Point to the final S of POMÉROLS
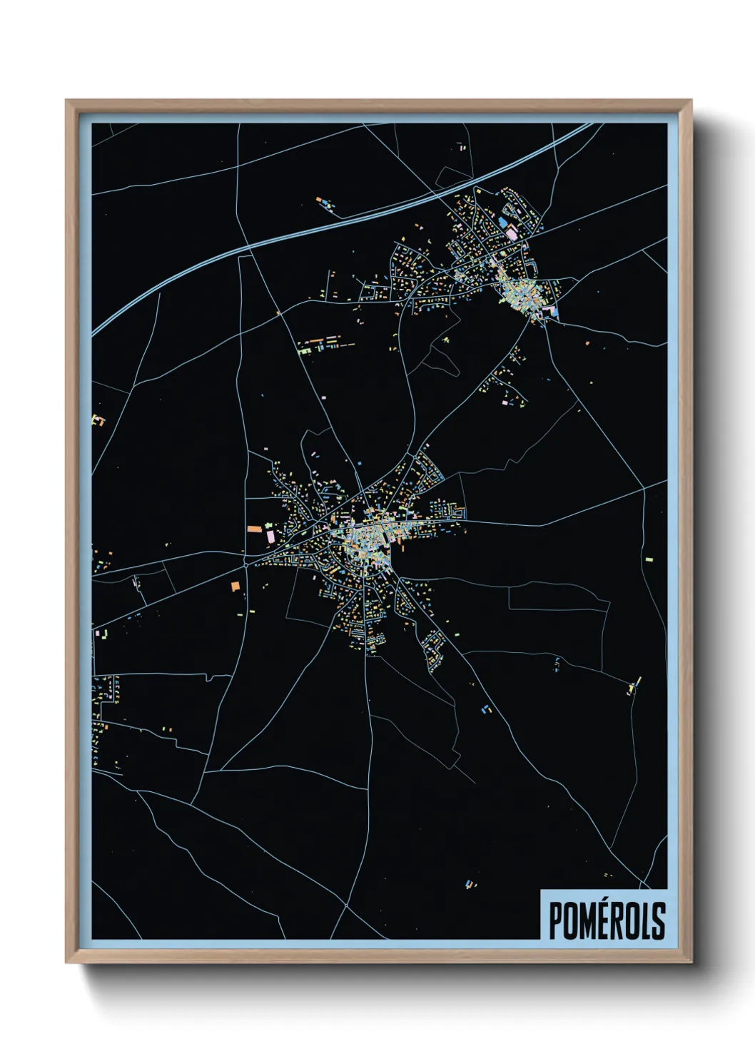[658, 920]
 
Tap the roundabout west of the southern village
[245, 564]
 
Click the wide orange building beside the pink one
[254, 529]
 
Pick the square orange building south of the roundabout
[235, 586]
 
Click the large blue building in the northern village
[502, 223]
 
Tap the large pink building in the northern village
[512, 233]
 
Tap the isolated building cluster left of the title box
[470, 885]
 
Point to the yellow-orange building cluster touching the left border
[98, 421]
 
